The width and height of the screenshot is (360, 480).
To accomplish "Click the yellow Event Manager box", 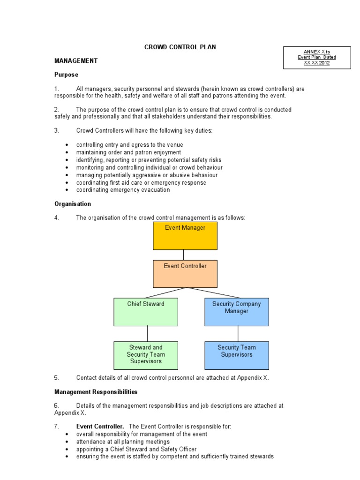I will pos(185,236).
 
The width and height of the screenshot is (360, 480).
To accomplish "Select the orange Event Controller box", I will pos(185,274).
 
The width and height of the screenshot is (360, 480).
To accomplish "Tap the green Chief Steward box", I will pos(146,312).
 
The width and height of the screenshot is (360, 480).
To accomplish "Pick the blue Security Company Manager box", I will pos(237,312).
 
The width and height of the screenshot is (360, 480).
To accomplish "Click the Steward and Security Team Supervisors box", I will pos(146,355).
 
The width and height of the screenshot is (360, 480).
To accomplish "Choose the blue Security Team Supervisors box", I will pos(237,355).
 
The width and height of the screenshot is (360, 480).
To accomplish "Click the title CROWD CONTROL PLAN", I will pos(180,47).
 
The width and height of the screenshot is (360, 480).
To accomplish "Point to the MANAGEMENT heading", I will pos(76,60).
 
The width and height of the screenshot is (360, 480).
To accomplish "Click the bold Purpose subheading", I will pos(66,75).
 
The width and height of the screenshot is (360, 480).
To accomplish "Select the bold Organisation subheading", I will pos(73,204).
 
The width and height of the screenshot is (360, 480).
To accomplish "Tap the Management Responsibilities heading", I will pos(96,391).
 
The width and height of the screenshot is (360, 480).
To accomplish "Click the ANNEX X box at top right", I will pos(317,58).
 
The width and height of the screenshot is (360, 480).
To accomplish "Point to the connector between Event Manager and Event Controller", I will pos(184,255).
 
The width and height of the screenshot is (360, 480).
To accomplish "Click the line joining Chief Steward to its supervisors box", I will pos(148,334).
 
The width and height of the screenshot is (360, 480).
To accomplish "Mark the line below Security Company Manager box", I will pos(238,334).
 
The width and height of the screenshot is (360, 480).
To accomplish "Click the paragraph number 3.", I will pos(56,130).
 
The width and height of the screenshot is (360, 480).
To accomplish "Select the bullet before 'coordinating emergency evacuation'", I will pos(68,190).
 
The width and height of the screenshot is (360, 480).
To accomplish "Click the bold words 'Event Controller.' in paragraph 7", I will pos(100,426).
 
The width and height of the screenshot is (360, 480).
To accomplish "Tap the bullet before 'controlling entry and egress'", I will pos(68,145).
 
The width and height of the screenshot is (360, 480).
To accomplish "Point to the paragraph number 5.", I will pos(56,377).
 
